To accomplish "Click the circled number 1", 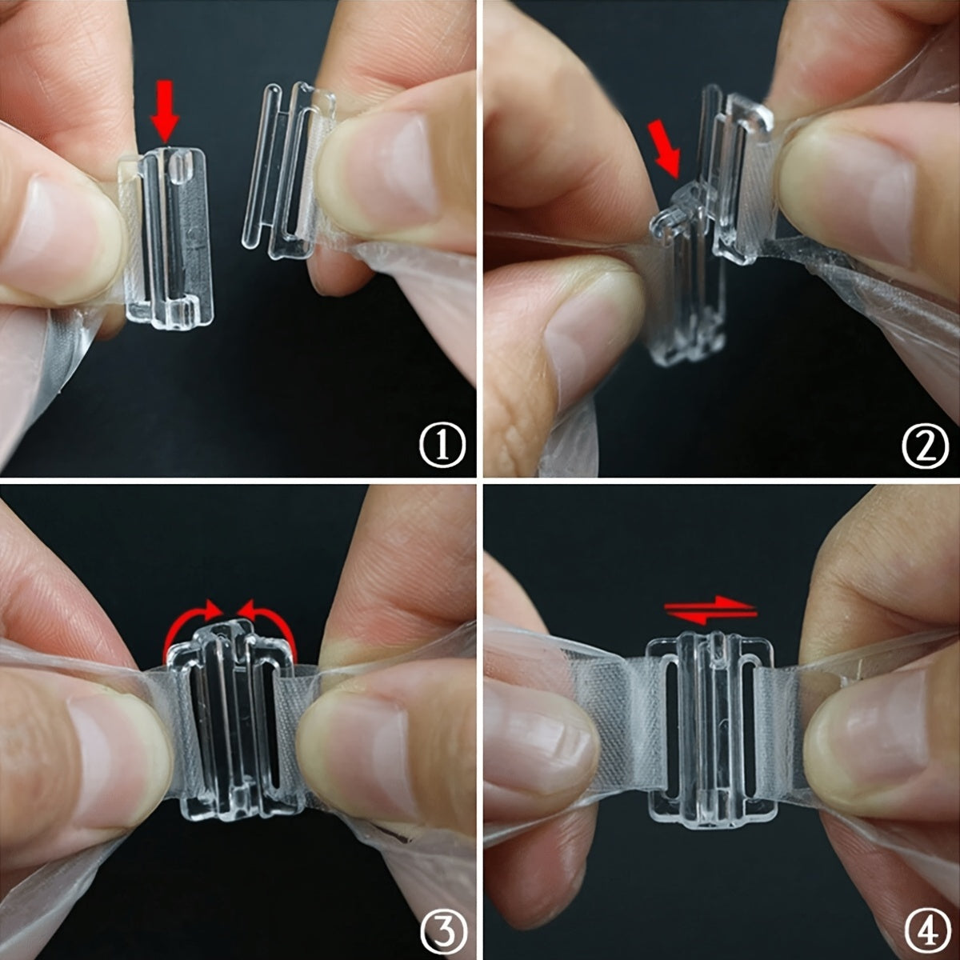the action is pos(442,444).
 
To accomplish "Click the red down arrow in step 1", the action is pos(165,111).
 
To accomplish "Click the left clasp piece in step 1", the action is pos(167,238).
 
